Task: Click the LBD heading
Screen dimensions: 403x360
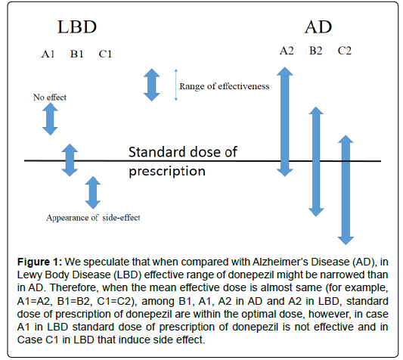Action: click(77, 26)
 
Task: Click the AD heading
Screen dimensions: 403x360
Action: click(318, 26)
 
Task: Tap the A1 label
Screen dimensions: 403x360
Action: click(48, 54)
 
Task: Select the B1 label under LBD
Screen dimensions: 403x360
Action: click(77, 54)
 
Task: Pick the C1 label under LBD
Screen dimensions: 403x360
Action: click(105, 54)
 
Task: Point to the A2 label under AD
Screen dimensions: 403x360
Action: click(287, 51)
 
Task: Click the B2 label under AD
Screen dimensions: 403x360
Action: click(315, 51)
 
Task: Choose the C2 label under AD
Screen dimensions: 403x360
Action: click(344, 51)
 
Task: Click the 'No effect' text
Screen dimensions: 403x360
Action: click(50, 98)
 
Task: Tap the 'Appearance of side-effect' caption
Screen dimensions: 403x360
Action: click(93, 218)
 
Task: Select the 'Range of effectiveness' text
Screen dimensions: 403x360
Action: click(225, 86)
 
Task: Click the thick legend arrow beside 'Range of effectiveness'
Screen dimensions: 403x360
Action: click(152, 85)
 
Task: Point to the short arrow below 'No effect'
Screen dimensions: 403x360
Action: click(50, 119)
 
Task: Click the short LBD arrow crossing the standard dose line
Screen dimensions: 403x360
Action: click(70, 160)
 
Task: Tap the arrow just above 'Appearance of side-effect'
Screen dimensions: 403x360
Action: click(93, 193)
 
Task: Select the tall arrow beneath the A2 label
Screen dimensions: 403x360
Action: click(285, 122)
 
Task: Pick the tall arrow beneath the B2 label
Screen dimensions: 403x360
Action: click(316, 162)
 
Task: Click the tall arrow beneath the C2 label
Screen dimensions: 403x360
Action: click(346, 190)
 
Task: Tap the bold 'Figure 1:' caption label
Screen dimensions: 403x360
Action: click(39, 262)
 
